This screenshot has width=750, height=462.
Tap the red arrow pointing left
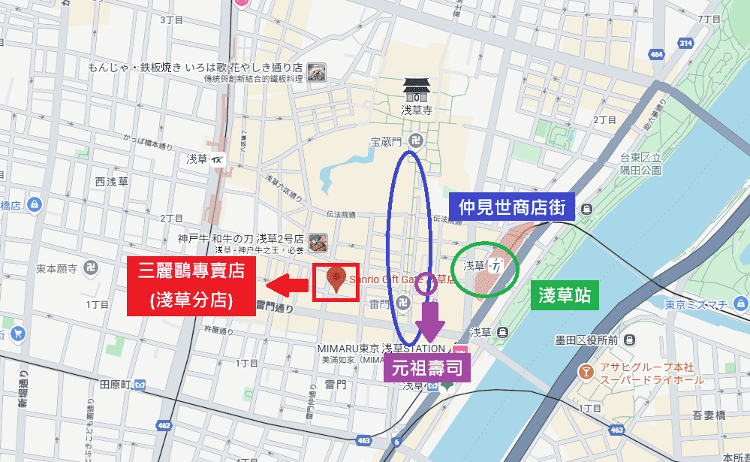pos(287,284)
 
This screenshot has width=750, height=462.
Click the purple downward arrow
pos(430,319)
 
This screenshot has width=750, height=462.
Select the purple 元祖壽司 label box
pos(426,368)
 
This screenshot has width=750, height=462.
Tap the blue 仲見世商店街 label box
pos(512,206)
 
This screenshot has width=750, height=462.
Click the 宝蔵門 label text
pos(387,140)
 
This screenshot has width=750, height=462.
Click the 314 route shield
pos(684,44)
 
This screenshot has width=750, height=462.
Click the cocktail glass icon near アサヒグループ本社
pos(585,371)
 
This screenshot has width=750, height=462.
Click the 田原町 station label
pos(116,385)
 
